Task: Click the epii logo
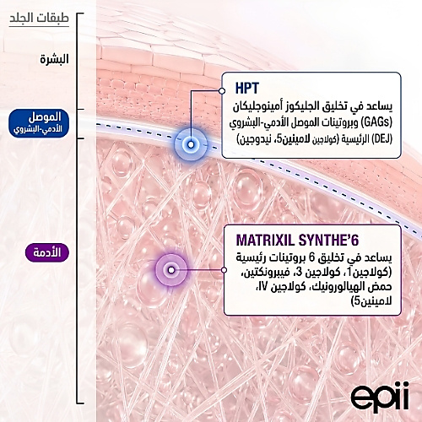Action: [x=380, y=397]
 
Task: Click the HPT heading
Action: [x=247, y=89]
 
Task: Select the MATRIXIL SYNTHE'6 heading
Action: [x=297, y=241]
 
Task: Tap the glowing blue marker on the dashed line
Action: [x=191, y=144]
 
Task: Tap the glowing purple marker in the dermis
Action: [x=171, y=270]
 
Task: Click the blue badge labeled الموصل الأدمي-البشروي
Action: [x=39, y=123]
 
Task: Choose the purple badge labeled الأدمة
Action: [x=47, y=252]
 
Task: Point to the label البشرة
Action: [x=54, y=59]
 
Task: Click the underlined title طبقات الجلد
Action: [x=39, y=18]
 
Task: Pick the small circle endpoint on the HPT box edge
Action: [x=222, y=91]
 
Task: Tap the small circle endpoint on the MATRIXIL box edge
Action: [x=224, y=270]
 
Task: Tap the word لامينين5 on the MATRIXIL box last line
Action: [x=372, y=302]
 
